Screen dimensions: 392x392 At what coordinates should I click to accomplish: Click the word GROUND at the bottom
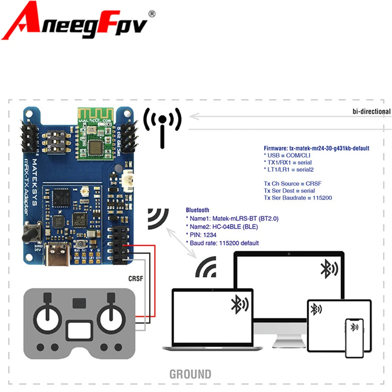pyautogui.click(x=190, y=374)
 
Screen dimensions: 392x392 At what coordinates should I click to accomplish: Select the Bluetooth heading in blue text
pyautogui.click(x=198, y=210)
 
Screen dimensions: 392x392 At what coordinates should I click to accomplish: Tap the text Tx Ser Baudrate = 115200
pyautogui.click(x=298, y=198)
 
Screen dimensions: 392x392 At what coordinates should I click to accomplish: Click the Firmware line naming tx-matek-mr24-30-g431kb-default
pyautogui.click(x=316, y=149)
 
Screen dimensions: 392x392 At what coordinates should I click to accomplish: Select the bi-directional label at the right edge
pyautogui.click(x=371, y=112)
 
